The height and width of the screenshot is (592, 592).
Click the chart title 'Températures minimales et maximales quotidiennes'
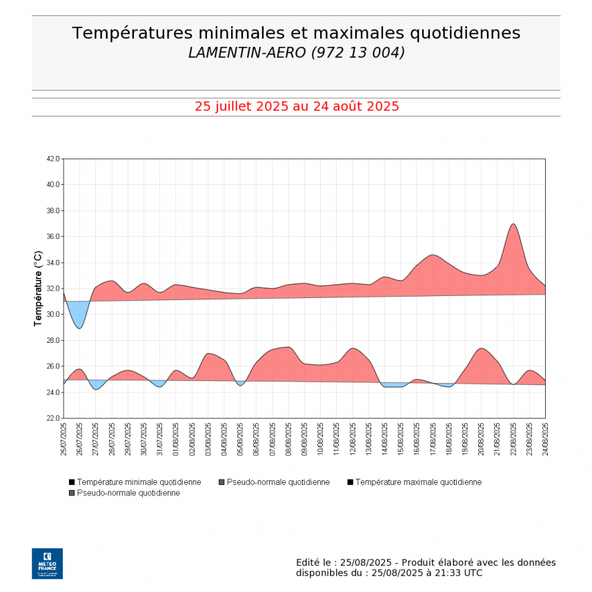tap(296, 33)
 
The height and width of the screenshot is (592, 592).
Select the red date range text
tap(296, 106)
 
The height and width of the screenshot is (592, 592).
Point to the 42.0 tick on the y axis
tap(53, 159)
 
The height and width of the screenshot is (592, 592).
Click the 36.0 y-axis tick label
tap(53, 237)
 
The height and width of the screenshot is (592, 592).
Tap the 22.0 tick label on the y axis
tap(53, 418)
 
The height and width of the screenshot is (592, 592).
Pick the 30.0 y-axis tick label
tap(53, 315)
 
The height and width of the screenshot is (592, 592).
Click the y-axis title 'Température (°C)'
tap(39, 288)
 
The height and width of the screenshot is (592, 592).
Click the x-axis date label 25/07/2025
tap(63, 440)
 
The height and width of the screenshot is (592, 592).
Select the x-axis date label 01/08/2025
tap(176, 440)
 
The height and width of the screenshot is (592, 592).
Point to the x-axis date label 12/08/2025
tap(353, 440)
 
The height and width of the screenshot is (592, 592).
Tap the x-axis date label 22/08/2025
tap(513, 440)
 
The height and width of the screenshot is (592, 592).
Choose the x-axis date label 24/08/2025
tap(545, 440)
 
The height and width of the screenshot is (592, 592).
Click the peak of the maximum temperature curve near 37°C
tap(513, 224)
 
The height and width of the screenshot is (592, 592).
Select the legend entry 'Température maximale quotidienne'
tap(418, 482)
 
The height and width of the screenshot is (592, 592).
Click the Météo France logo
tap(47, 563)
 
